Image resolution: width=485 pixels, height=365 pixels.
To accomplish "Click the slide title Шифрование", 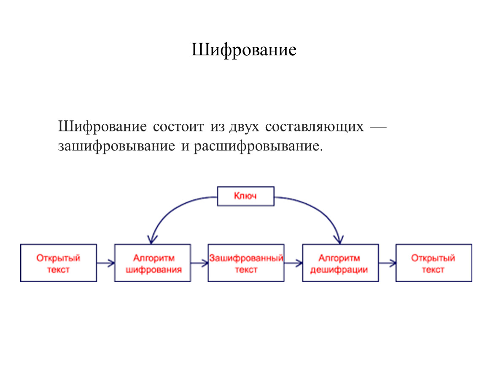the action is coord(244,50).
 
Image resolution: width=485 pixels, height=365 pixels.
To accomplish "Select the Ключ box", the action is coord(245,196).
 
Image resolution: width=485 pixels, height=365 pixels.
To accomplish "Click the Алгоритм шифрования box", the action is coord(153,263).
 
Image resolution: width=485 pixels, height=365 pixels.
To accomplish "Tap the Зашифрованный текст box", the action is coord(246,263).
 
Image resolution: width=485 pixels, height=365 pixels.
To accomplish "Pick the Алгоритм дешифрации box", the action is coord(340,263).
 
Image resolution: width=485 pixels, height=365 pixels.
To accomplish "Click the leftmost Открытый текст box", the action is coord(59,263).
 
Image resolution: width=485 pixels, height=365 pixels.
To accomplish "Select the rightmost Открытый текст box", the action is coord(434,263).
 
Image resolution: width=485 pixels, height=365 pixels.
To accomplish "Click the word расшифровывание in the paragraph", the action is coord(258,146).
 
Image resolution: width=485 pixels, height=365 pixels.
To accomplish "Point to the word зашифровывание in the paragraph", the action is coord(116,146).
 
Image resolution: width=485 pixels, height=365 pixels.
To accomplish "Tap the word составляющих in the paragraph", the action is coord(314,127).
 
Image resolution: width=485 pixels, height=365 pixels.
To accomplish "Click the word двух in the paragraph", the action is coord(244,127).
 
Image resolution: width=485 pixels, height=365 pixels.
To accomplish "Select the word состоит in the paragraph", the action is coord(178,127).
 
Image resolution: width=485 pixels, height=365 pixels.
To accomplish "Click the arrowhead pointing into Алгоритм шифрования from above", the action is coord(151,240).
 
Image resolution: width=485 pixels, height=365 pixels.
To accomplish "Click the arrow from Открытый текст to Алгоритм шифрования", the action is coord(106,263).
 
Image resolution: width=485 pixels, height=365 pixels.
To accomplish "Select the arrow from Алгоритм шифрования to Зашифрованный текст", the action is coord(199,263).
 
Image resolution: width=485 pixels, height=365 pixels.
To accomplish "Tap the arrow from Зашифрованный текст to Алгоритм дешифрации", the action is coord(293,263).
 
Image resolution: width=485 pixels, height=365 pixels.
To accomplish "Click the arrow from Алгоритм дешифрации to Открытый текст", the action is coord(387,263).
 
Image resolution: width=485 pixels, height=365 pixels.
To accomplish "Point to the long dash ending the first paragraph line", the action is coord(378,127).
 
